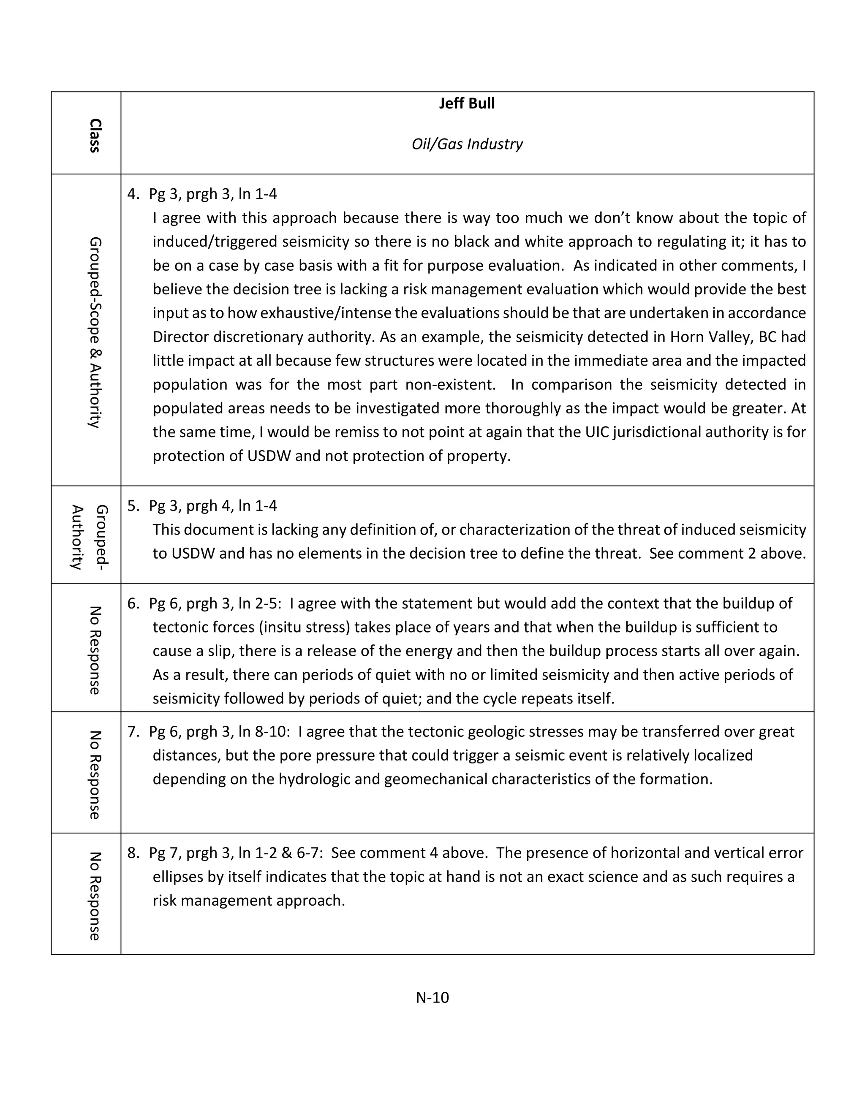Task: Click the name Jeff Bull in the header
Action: tap(466, 103)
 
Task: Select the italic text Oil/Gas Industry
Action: tap(466, 144)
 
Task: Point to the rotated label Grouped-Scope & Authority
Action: tap(95, 332)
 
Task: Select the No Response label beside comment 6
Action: tap(95, 650)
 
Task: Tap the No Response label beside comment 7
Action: tap(95, 774)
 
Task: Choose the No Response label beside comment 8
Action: tap(95, 896)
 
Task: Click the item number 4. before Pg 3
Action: tap(133, 194)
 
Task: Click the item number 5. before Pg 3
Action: tap(133, 506)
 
